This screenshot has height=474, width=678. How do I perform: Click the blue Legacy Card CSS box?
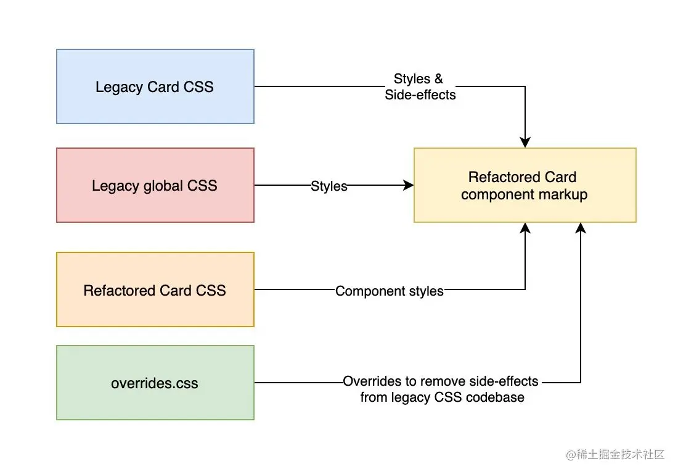155,86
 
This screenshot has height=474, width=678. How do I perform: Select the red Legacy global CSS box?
155,185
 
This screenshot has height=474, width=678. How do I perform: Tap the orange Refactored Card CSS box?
155,290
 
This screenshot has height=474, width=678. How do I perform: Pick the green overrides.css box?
155,383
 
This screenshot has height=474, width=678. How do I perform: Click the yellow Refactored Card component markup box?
525,185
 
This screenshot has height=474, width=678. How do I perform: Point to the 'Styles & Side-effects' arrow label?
420,87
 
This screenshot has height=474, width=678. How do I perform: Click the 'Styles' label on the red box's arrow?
329,186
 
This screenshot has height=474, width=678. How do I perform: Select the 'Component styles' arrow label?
390,291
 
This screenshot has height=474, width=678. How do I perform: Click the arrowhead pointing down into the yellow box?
525,143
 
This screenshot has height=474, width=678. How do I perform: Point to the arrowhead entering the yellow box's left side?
408,185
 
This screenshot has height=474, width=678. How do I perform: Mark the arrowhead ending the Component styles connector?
525,228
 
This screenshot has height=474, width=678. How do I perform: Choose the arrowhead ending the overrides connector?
580,228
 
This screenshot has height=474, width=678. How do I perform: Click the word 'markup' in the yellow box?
563,194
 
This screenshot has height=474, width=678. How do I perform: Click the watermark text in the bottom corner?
615,455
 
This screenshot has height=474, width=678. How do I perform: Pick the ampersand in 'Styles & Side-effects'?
438,79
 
